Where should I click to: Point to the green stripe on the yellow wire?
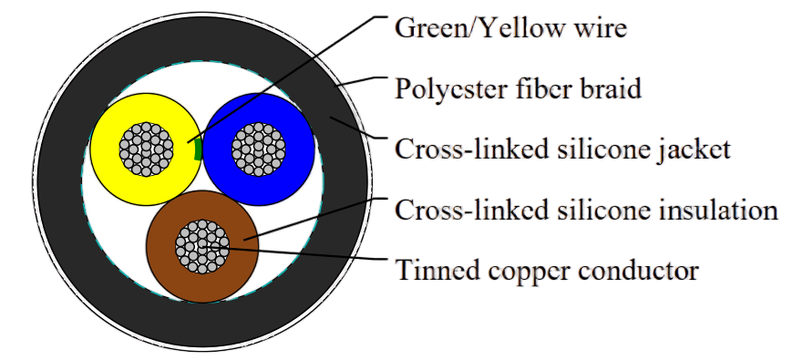coord(198,149)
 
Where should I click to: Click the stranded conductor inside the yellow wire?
coord(147,149)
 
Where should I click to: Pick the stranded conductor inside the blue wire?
coord(259,149)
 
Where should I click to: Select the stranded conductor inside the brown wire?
coord(202,246)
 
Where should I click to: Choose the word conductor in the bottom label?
coord(638,270)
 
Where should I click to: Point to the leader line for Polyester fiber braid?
coord(360,83)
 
